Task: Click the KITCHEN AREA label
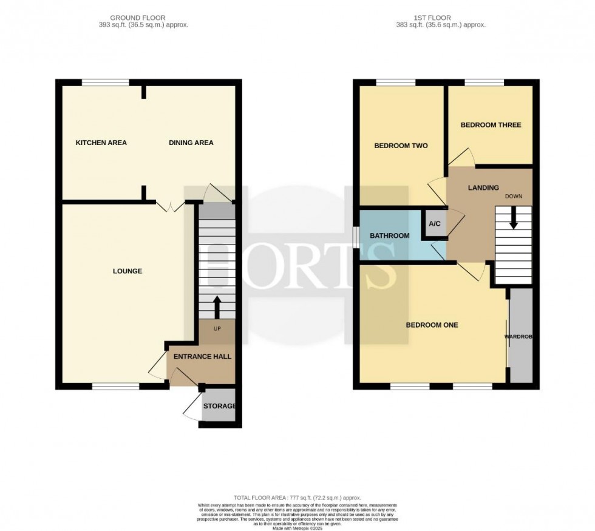point(101,143)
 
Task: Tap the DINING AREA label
point(191,143)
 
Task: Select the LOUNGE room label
point(127,271)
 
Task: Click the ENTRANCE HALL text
point(202,357)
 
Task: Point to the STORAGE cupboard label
point(219,406)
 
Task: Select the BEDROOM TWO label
point(401,146)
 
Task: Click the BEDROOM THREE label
point(491,125)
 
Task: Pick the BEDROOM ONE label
point(432,325)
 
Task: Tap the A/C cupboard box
point(435,223)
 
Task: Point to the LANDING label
point(483,188)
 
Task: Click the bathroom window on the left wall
point(356,236)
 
